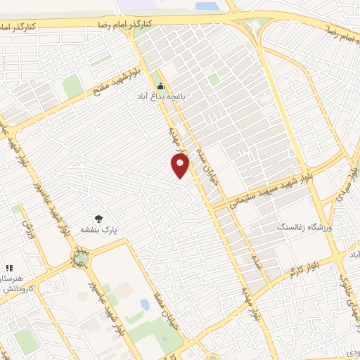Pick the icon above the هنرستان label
[9, 268]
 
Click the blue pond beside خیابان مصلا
[145, 304]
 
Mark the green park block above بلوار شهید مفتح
[72, 86]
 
